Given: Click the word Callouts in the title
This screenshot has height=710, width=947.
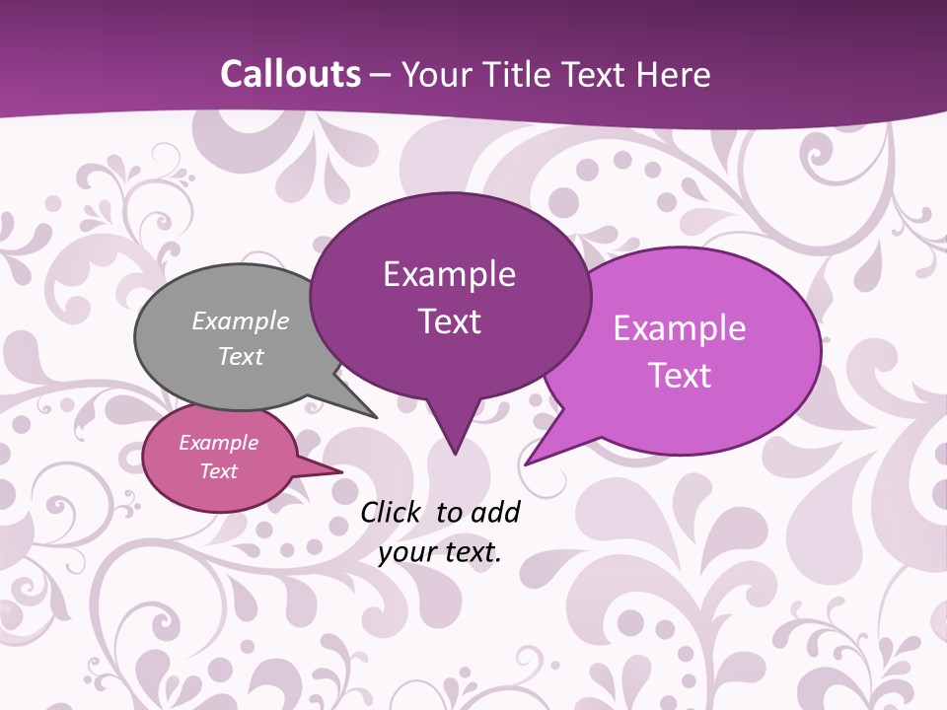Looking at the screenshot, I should [x=290, y=74].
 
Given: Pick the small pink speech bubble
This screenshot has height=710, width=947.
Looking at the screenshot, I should [x=168, y=483].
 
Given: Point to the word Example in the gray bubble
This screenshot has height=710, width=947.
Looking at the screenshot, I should [x=241, y=320].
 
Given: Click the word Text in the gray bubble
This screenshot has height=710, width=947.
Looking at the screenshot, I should [x=241, y=356].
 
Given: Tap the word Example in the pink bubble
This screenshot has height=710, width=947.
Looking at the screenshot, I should [x=218, y=443].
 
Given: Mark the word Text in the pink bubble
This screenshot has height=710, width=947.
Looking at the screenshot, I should [x=218, y=471].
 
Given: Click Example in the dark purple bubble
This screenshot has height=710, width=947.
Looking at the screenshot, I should [x=449, y=274].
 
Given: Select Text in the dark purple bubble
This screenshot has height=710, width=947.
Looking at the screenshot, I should [x=449, y=321].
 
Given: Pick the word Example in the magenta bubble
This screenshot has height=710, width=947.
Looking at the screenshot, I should [x=680, y=328].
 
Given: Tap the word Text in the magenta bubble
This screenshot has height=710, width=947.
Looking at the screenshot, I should [x=680, y=376].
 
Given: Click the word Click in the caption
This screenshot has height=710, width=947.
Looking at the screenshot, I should [x=392, y=512].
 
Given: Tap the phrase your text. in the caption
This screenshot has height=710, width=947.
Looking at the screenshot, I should [x=440, y=552].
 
